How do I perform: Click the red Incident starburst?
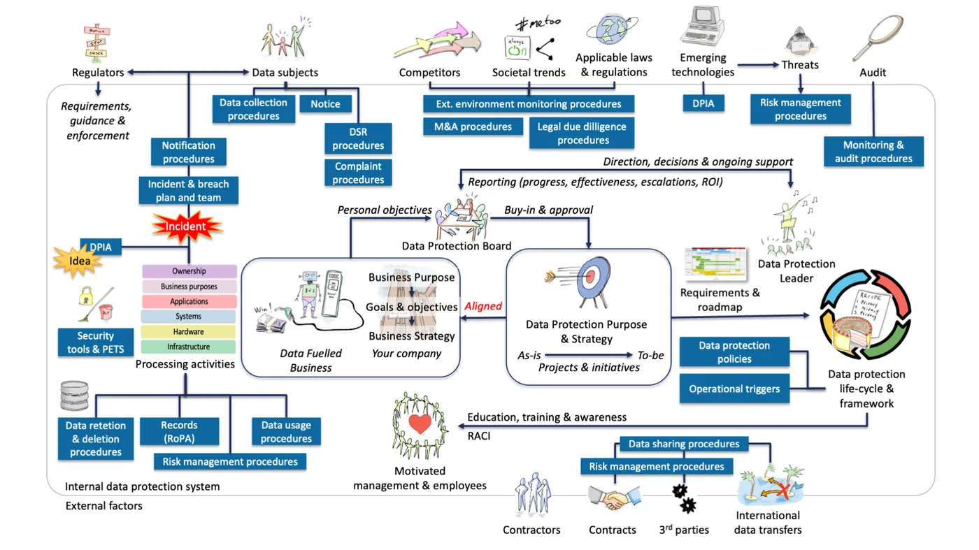click(x=187, y=226)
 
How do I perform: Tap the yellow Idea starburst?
click(x=79, y=261)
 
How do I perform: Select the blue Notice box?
click(x=325, y=103)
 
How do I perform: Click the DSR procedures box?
click(x=358, y=138)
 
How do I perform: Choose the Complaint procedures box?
click(x=358, y=173)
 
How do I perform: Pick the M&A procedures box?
click(x=473, y=126)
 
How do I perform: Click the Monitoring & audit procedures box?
click(x=873, y=152)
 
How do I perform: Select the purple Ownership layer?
click(x=189, y=271)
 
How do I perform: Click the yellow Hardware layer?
click(x=189, y=332)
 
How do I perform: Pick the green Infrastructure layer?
click(x=189, y=347)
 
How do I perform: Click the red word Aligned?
click(x=483, y=306)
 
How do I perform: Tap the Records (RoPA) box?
click(x=179, y=432)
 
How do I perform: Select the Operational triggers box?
click(x=734, y=389)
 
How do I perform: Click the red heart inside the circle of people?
click(x=420, y=424)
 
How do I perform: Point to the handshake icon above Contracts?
click(x=613, y=498)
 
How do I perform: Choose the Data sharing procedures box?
click(x=683, y=444)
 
